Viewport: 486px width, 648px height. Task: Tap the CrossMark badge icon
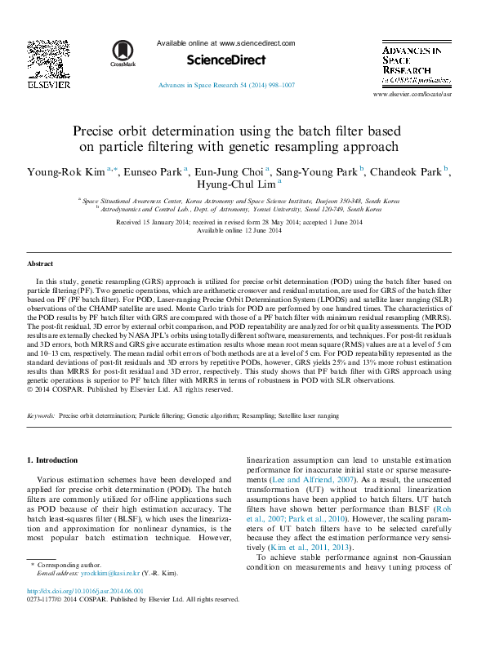click(x=123, y=53)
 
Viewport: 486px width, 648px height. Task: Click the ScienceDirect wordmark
click(x=226, y=60)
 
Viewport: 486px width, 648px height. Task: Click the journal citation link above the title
click(x=226, y=86)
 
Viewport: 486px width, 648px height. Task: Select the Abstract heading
click(x=40, y=264)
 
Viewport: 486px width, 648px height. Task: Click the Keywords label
click(x=41, y=415)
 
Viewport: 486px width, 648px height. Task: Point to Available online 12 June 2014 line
click(x=239, y=230)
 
